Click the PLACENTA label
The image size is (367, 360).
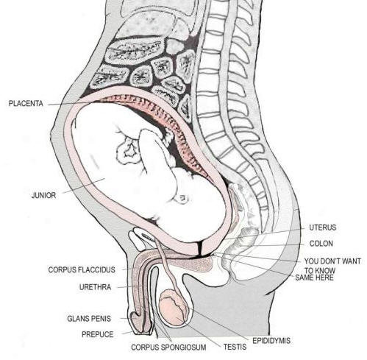pos(26,103)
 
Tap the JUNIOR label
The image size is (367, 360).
pos(44,195)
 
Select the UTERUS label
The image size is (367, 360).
pos(323,227)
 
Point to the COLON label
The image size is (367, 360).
pos(321,244)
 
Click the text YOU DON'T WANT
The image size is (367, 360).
pos(332,261)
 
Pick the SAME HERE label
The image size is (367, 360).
pos(314,278)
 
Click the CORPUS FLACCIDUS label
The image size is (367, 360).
pos(82,269)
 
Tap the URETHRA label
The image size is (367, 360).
pos(95,287)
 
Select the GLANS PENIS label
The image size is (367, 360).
pos(89,319)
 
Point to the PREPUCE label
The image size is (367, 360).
pos(98,334)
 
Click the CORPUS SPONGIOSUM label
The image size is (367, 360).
pos(168,347)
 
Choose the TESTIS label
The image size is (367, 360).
pos(235,347)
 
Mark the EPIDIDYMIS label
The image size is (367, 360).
pos(271,340)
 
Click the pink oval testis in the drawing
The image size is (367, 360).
pos(174,307)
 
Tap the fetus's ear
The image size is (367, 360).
pos(182,199)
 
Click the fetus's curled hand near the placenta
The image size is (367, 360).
pos(128,149)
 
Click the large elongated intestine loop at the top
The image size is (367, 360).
pos(134,52)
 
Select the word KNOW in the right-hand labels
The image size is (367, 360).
pos(326,270)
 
